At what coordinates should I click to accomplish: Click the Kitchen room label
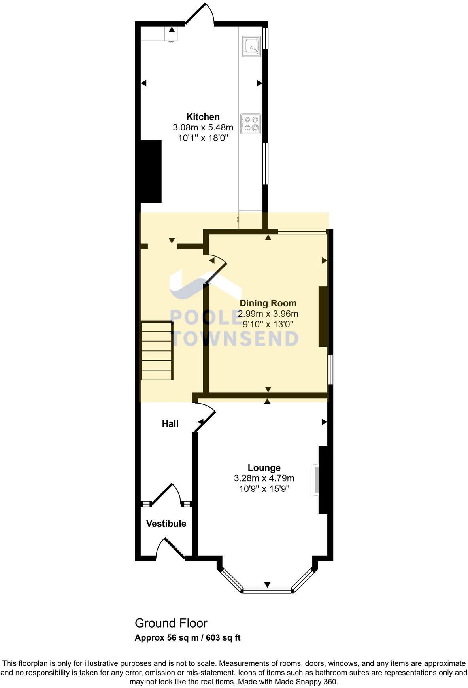click(203, 117)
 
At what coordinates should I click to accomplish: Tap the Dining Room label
click(268, 303)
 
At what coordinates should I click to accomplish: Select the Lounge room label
click(264, 468)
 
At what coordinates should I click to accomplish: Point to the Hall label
click(170, 424)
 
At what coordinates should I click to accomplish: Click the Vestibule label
click(166, 524)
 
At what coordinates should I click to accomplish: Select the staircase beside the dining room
click(157, 350)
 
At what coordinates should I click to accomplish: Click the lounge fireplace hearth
click(314, 480)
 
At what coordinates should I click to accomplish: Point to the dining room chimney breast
click(323, 316)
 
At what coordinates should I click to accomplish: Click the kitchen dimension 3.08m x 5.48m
click(203, 128)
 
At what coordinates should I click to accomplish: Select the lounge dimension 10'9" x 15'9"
click(264, 489)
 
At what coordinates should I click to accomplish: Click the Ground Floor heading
click(171, 623)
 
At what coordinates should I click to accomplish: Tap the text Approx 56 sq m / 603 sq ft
click(187, 637)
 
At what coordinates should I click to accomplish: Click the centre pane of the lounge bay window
click(268, 591)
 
